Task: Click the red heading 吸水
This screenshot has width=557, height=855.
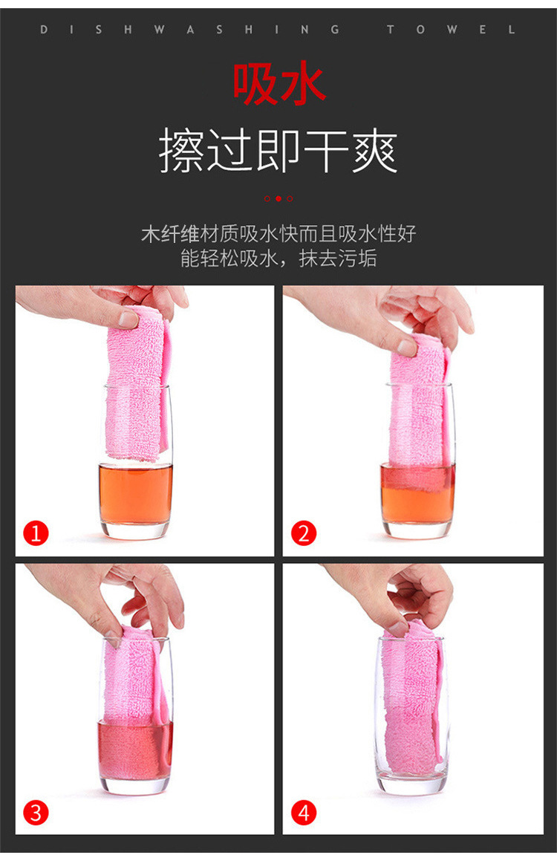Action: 278,84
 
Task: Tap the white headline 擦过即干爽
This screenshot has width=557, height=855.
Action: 278,152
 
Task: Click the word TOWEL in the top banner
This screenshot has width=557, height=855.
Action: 451,30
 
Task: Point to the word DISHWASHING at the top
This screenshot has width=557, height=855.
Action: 190,30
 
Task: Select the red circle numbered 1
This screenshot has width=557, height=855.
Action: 36,533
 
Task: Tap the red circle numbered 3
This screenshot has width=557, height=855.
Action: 36,812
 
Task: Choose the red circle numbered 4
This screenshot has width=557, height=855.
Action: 303,812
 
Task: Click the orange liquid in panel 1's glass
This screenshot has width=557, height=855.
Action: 135,494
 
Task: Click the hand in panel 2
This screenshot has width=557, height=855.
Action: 416,312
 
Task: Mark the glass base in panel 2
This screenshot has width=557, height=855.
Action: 417,529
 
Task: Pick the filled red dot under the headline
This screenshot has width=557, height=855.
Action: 278,198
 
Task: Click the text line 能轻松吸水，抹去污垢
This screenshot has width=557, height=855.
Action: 278,259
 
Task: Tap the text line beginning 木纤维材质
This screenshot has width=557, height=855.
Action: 278,234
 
